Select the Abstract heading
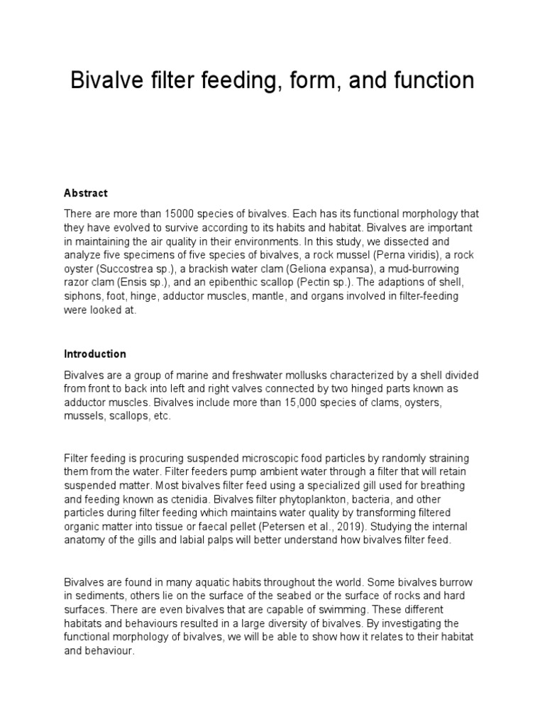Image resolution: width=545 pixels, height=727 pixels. [x=85, y=193]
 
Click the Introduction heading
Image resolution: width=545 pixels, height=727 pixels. [x=95, y=354]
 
